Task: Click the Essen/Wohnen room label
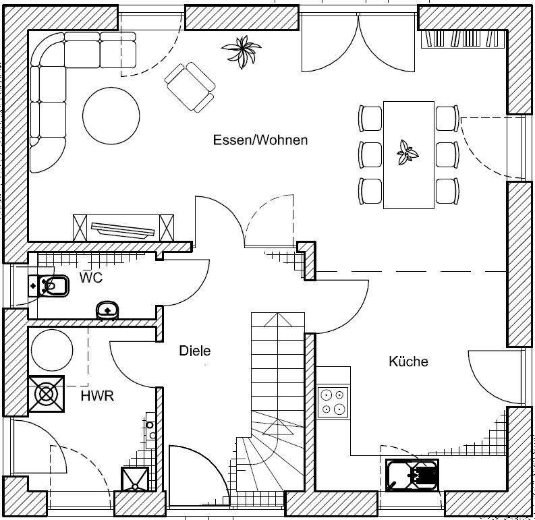[x=260, y=140]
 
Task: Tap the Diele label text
[x=195, y=351]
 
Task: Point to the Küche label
[x=408, y=361]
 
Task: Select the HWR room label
[x=97, y=396]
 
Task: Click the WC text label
[x=91, y=278]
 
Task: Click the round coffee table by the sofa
[x=111, y=116]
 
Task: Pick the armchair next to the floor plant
[x=190, y=88]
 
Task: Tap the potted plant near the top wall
[x=242, y=52]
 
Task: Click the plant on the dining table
[x=407, y=153]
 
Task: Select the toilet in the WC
[x=49, y=285]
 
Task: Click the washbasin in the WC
[x=107, y=310]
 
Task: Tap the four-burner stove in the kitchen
[x=333, y=403]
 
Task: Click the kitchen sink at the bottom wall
[x=412, y=475]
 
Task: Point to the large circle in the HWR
[x=52, y=349]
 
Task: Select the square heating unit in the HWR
[x=46, y=394]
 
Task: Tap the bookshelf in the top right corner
[x=463, y=38]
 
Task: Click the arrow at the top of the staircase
[x=277, y=320]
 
